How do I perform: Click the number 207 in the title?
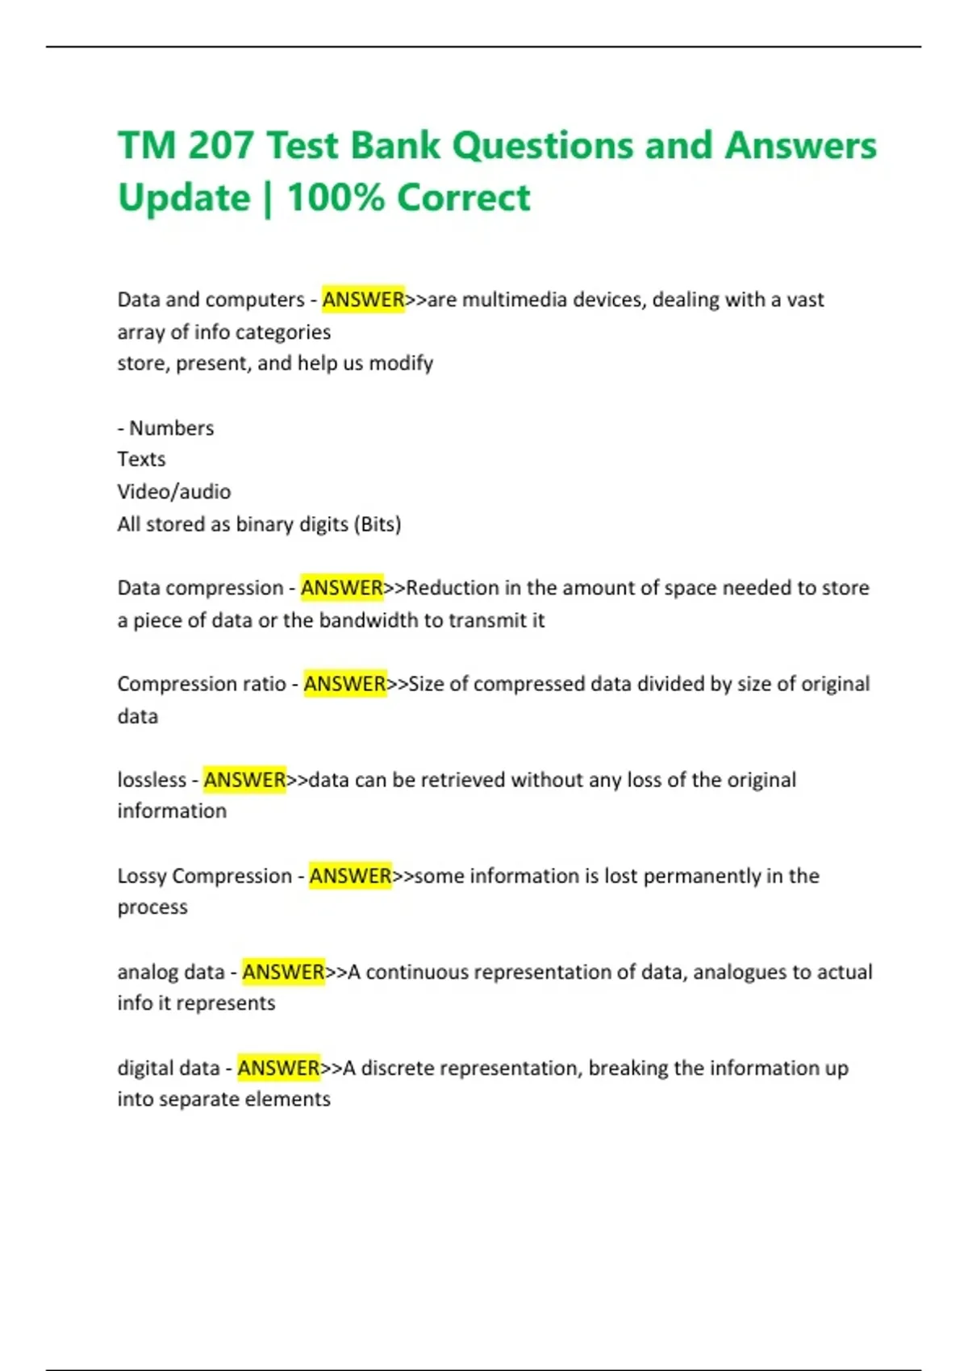point(219,146)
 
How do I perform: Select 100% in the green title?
point(336,198)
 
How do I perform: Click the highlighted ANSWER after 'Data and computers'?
point(363,300)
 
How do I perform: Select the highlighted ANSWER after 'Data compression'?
point(342,588)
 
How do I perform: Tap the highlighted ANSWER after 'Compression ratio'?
point(344,684)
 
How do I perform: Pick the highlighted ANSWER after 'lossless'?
point(244,780)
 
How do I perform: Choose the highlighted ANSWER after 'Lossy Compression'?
point(350,876)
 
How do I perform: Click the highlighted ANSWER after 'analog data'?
point(283,972)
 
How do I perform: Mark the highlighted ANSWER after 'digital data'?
point(278,1068)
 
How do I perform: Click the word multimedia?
point(514,300)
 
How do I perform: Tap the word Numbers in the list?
point(172,428)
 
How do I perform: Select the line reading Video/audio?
point(174,492)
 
